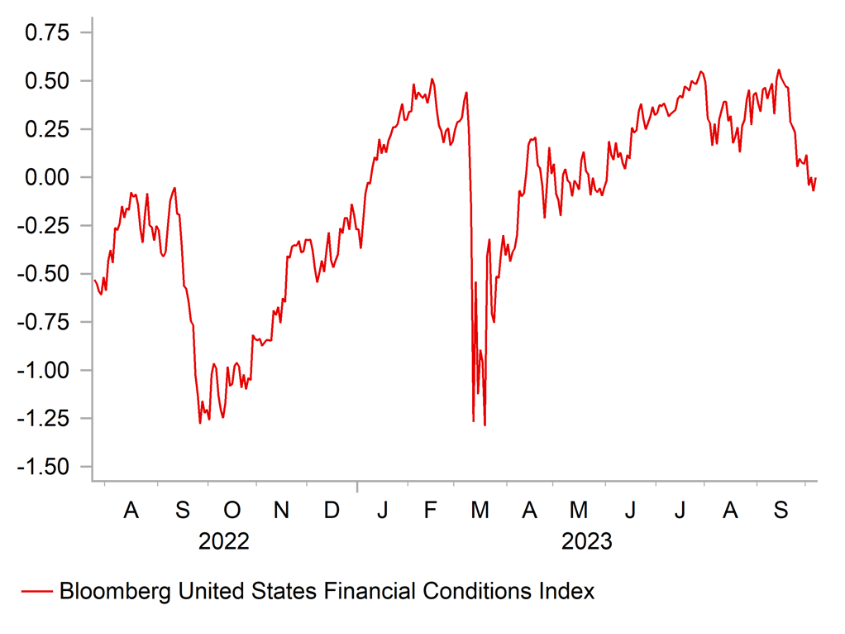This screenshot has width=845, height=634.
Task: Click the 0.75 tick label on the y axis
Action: coord(47,33)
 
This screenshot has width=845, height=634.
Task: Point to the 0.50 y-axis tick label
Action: coord(47,81)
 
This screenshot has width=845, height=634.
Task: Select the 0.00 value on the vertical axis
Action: coord(47,178)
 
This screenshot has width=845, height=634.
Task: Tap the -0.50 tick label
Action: coord(44,274)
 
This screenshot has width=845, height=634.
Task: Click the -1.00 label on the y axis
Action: coord(44,370)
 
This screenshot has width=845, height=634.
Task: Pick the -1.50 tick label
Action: coord(44,467)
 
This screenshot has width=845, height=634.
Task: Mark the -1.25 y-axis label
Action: coord(44,419)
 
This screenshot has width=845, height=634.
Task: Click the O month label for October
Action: coord(232,511)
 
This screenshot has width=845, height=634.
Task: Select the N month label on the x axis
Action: coord(282,511)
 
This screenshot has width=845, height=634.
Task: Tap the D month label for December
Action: coord(332,511)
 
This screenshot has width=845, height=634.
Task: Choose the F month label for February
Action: coord(431,511)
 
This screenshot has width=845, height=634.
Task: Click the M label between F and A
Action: coord(480,511)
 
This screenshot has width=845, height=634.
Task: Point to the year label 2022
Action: coord(224,542)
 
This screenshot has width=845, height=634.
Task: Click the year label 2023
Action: coord(587,542)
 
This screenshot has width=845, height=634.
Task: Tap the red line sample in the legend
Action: coord(36,591)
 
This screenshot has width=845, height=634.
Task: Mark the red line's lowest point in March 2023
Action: coord(485,425)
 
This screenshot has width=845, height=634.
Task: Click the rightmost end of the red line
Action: coord(816,177)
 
